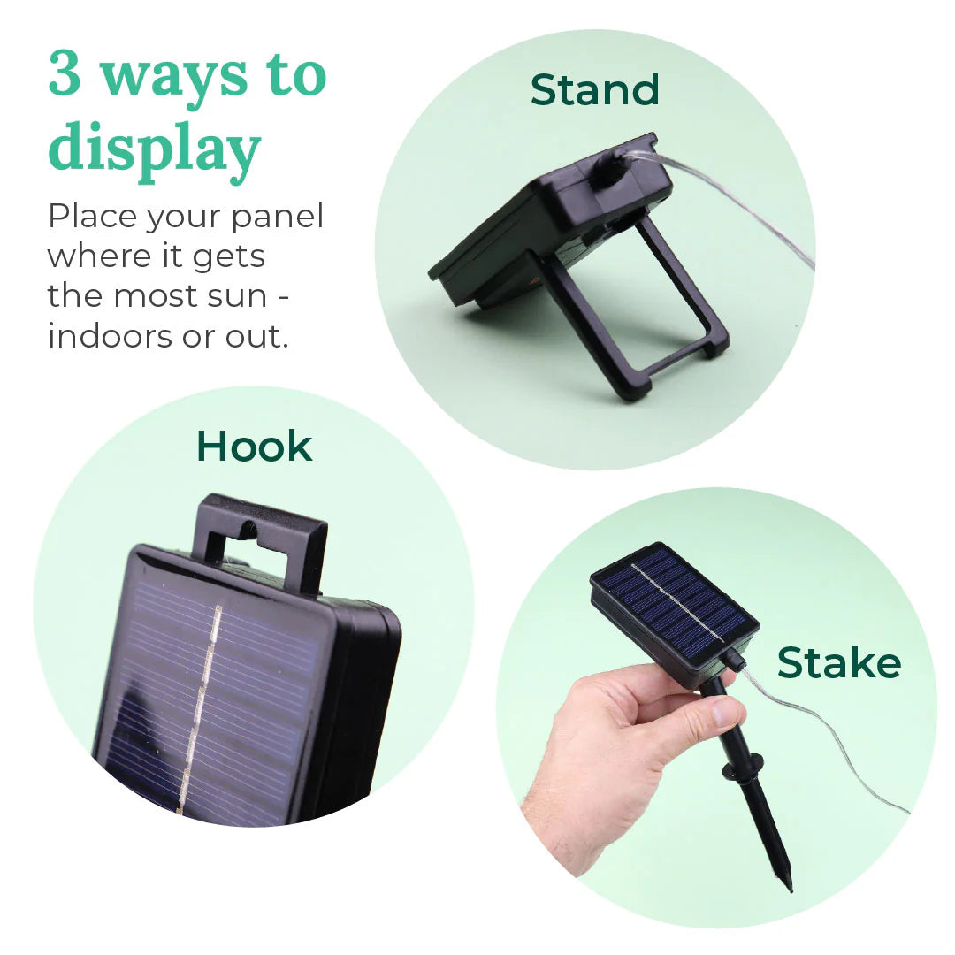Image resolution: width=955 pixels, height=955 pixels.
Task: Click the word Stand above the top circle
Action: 594,89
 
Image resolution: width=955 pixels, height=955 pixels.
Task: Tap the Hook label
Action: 254,446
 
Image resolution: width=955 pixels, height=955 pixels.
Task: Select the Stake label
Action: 838,663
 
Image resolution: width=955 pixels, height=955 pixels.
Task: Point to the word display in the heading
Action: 155,150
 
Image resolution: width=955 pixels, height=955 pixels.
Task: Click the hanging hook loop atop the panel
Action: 261,535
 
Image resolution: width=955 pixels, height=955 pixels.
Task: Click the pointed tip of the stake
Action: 788,883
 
